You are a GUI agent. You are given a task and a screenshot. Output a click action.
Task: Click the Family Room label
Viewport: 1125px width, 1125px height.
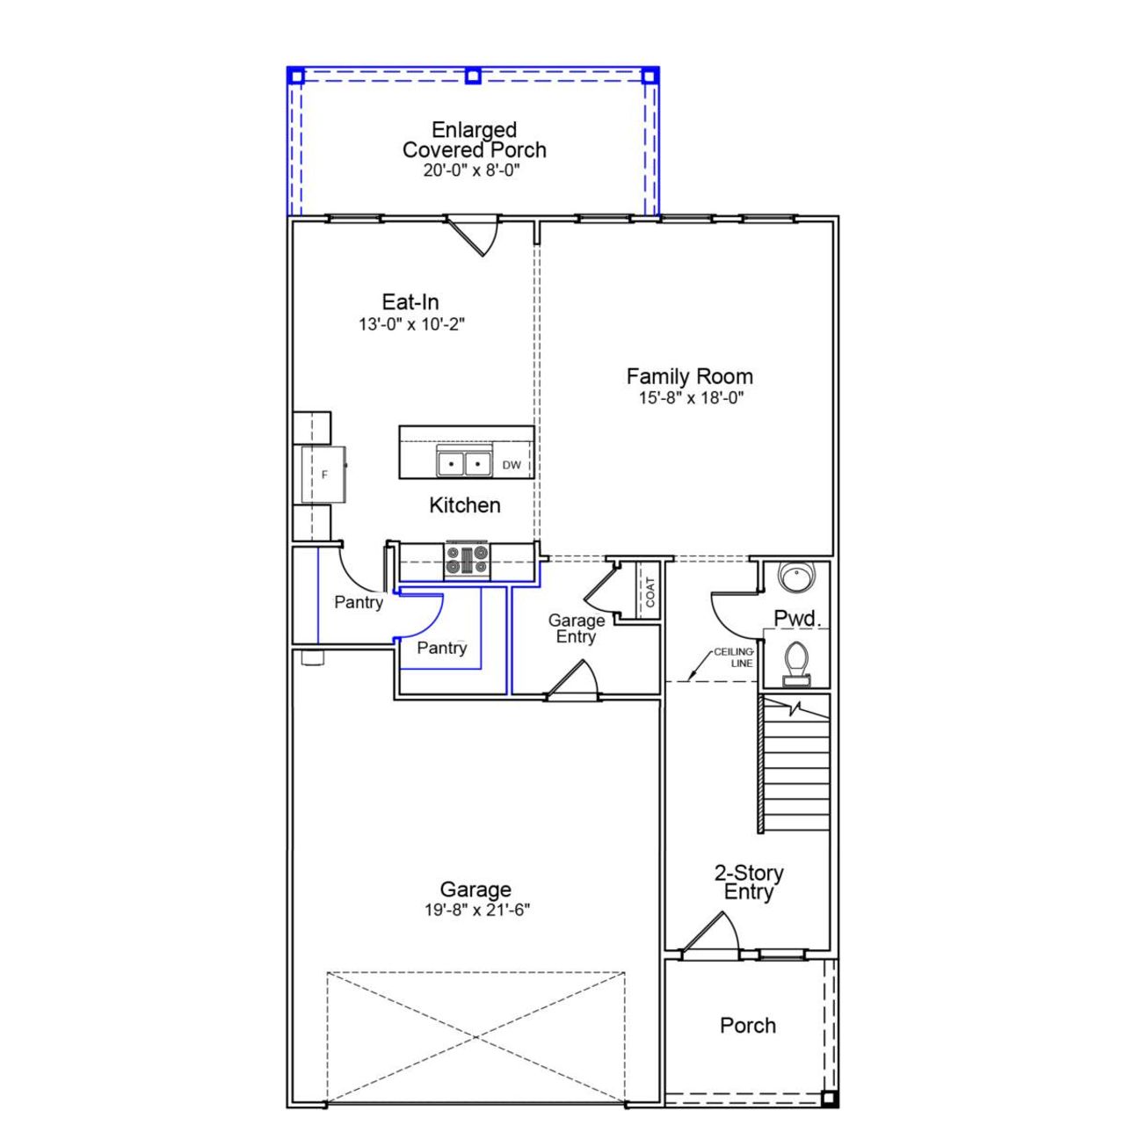click(x=689, y=376)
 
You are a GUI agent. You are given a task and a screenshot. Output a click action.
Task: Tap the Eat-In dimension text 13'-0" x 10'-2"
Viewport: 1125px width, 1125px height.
click(x=411, y=324)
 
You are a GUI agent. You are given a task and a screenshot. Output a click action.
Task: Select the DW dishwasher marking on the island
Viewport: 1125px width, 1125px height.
click(x=512, y=465)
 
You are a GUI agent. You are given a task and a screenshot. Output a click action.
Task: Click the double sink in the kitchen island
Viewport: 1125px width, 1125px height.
click(x=463, y=462)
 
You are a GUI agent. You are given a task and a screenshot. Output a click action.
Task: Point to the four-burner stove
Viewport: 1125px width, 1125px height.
click(x=467, y=560)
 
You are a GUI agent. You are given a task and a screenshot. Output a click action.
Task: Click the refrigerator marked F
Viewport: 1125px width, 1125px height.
click(x=323, y=475)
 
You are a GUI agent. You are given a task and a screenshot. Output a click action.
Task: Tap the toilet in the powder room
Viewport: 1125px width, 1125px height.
click(x=796, y=661)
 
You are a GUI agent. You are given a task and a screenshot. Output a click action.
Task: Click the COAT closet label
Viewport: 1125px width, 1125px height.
click(x=650, y=592)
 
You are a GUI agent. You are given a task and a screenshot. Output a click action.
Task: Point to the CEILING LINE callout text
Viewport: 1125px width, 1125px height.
click(x=734, y=657)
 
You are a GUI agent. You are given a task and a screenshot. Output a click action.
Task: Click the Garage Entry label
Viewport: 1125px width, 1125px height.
click(x=576, y=628)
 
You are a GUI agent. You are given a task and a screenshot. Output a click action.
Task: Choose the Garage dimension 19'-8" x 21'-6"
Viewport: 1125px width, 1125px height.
click(x=476, y=911)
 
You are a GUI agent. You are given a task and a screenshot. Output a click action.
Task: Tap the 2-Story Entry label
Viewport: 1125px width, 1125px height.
click(x=748, y=882)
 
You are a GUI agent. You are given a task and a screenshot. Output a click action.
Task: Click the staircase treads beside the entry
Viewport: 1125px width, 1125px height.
click(x=796, y=773)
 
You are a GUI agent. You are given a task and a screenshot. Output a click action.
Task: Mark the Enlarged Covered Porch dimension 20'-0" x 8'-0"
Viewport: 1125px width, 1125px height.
click(x=472, y=171)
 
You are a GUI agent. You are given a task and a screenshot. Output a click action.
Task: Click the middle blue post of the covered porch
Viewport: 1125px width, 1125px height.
click(x=473, y=76)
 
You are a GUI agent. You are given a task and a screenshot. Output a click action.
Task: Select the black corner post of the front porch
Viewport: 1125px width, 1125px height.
click(x=828, y=1099)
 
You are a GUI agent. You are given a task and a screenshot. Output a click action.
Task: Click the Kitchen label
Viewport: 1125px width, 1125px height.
click(x=465, y=505)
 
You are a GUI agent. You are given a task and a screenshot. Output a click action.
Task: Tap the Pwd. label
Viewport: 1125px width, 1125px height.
click(x=797, y=619)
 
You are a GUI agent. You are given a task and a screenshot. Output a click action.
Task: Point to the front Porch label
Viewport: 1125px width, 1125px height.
click(x=748, y=1026)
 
